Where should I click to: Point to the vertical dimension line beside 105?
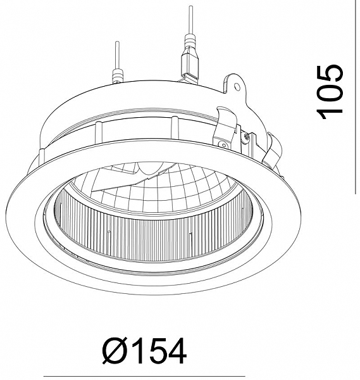356,97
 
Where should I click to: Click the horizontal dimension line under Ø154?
144,377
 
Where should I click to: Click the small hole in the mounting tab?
237,87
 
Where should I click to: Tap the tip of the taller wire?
191,6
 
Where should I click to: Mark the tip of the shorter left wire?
117,42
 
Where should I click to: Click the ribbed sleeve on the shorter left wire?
118,75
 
